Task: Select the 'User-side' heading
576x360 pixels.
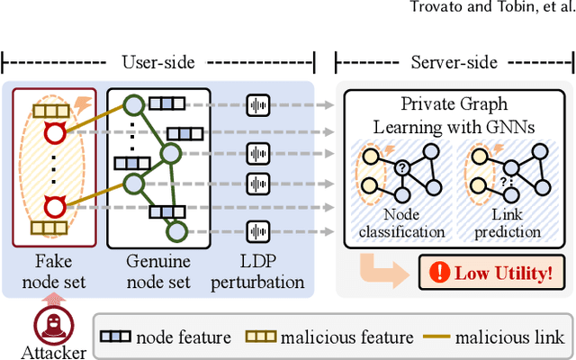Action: [x=158, y=60]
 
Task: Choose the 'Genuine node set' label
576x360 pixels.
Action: [x=158, y=272]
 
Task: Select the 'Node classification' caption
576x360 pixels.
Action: [x=400, y=223]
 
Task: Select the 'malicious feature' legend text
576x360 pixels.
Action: [x=346, y=337]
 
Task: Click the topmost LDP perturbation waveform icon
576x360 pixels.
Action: [x=259, y=104]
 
